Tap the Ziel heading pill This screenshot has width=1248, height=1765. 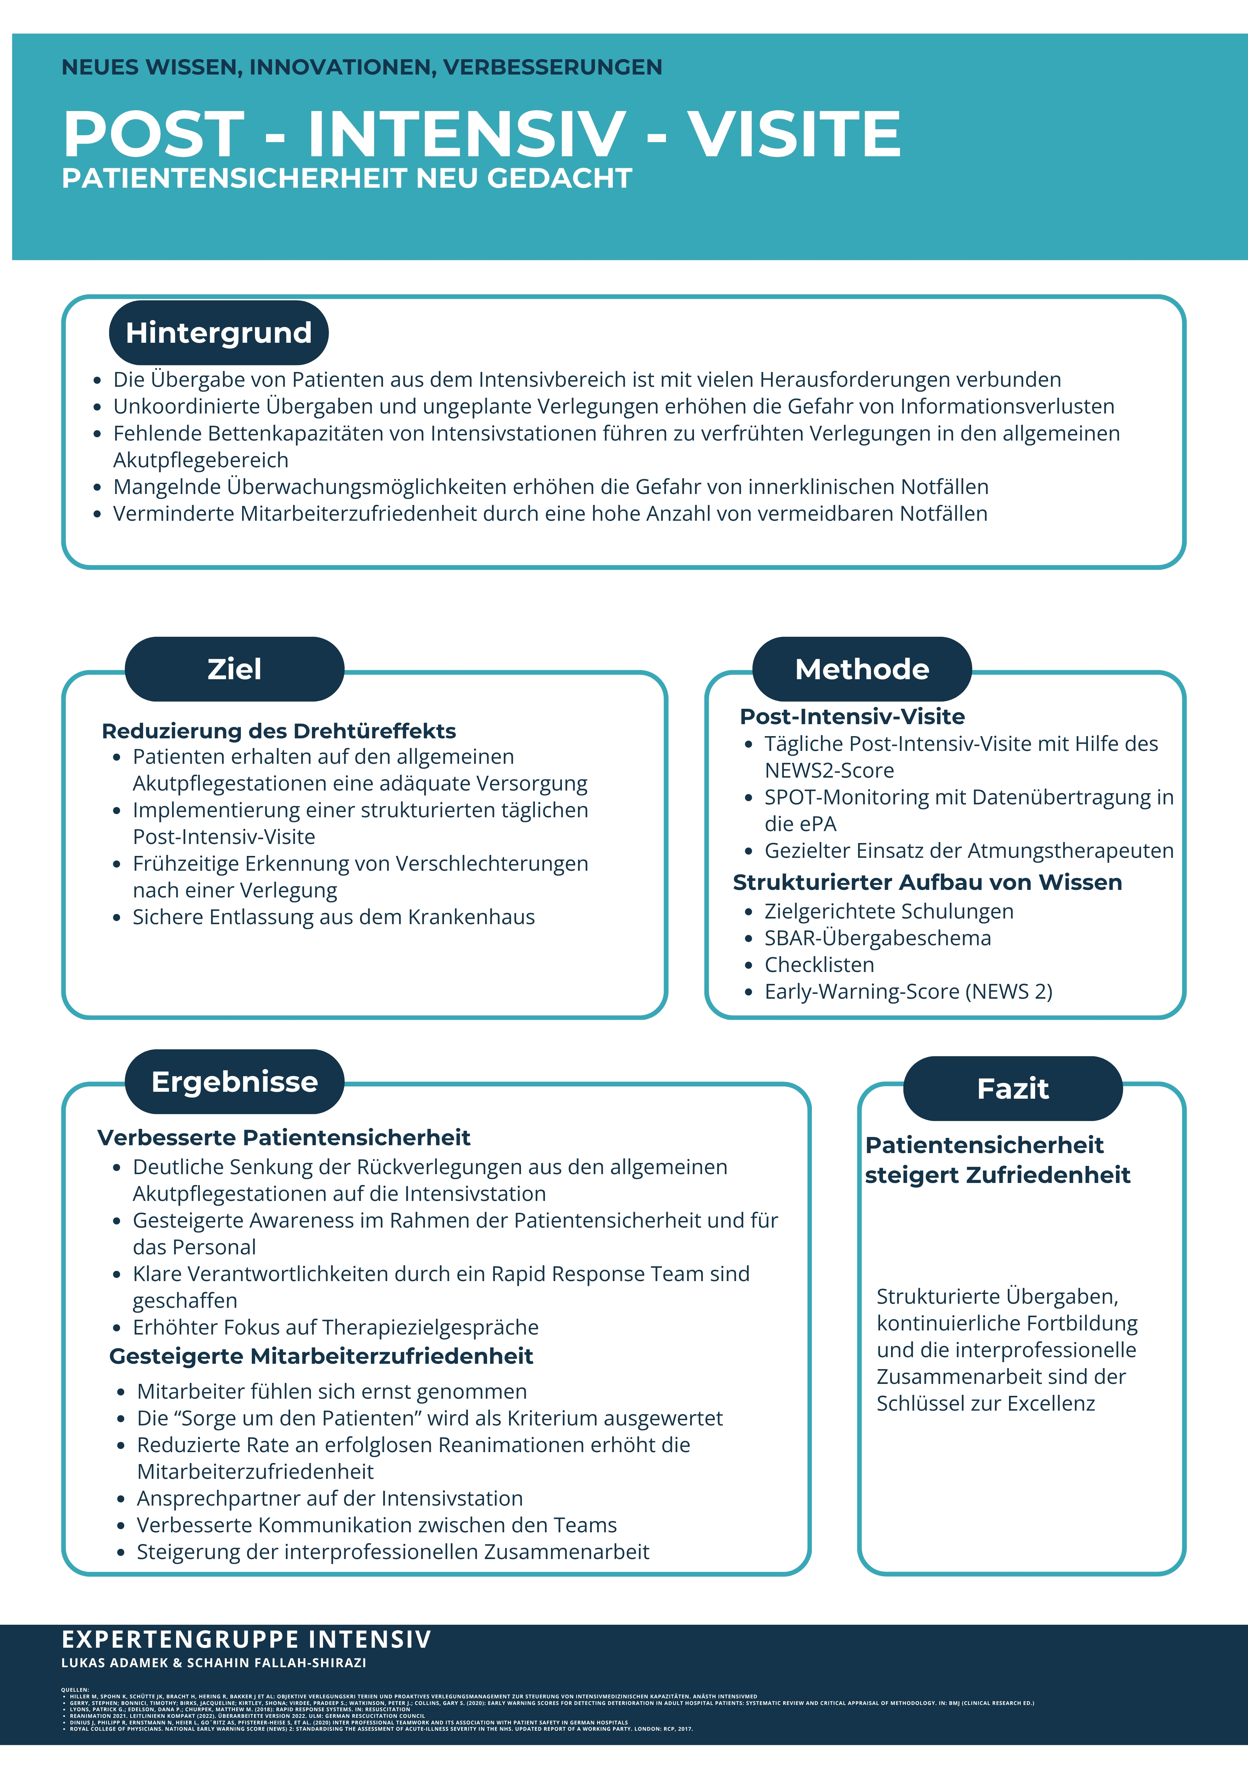(x=234, y=669)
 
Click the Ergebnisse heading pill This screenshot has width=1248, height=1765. (x=234, y=1082)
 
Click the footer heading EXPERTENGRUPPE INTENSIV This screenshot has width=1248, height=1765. (x=246, y=1640)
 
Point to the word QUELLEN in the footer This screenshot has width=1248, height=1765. (x=75, y=1690)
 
